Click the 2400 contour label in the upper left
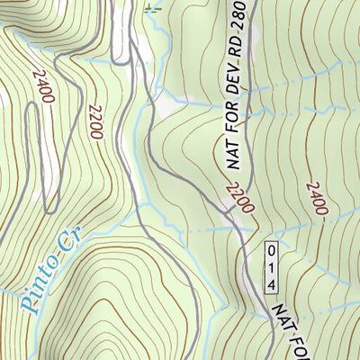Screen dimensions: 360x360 [x=41, y=86]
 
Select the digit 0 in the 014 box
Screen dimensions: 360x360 [x=271, y=249]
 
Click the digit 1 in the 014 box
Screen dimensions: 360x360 [x=271, y=266]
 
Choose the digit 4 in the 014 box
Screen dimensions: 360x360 [x=271, y=283]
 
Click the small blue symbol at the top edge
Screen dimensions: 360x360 [x=150, y=10]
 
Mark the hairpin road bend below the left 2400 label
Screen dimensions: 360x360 [x=34, y=108]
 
